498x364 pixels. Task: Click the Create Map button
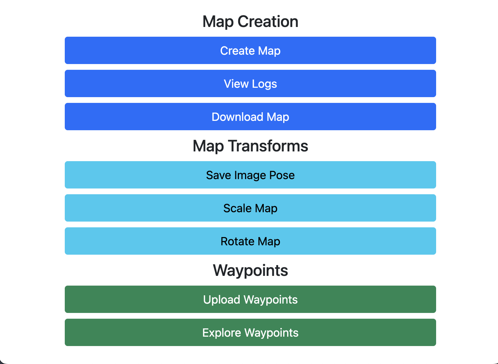[250, 50]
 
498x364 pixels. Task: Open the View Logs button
[250, 83]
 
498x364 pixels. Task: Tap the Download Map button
[250, 117]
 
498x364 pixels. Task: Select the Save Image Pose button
[250, 175]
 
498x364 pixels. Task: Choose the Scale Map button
[250, 208]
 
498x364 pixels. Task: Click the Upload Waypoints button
[250, 299]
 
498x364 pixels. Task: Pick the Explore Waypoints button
[250, 332]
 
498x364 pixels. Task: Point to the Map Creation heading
[250, 22]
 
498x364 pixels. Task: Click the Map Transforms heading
[250, 146]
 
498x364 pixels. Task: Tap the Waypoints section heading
[250, 270]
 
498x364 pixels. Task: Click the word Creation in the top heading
[268, 22]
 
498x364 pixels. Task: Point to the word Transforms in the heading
[268, 146]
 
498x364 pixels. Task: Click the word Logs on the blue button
[264, 84]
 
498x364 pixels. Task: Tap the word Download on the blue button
[237, 117]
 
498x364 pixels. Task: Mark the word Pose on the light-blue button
[282, 175]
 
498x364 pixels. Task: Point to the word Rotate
[237, 241]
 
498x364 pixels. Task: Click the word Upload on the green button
[221, 300]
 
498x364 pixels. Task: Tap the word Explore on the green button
[222, 333]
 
